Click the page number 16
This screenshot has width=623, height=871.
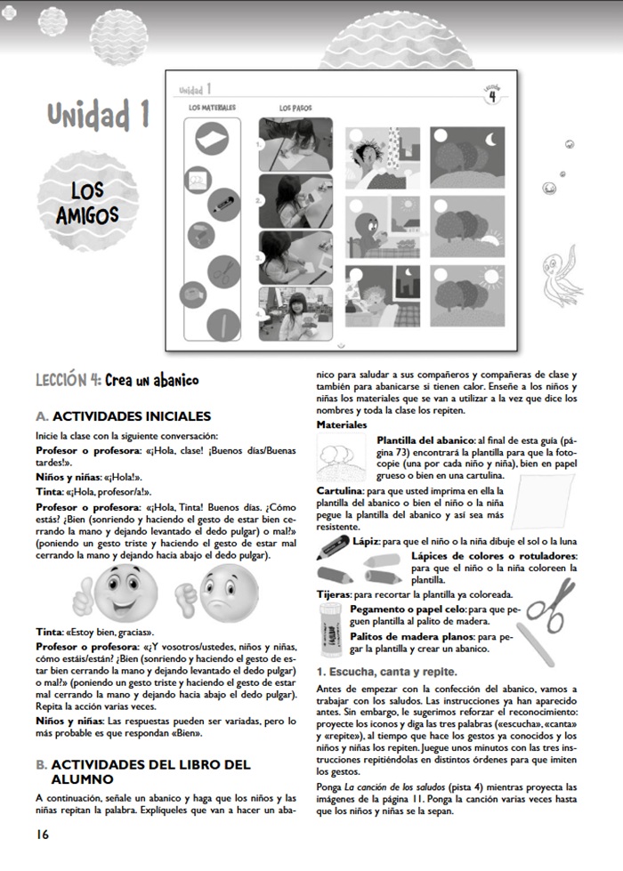(43, 834)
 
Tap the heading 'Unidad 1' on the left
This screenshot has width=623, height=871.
(98, 115)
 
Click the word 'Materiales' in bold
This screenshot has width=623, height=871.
(342, 425)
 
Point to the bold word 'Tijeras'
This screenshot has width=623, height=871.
(334, 593)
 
